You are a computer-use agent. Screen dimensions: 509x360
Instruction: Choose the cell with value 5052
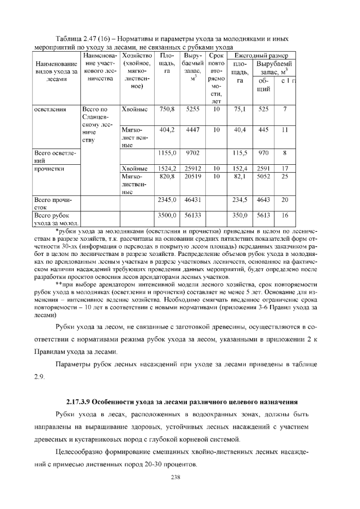263,176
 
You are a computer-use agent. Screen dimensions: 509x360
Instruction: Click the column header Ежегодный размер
261,56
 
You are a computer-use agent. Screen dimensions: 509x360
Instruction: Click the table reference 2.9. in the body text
39,376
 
